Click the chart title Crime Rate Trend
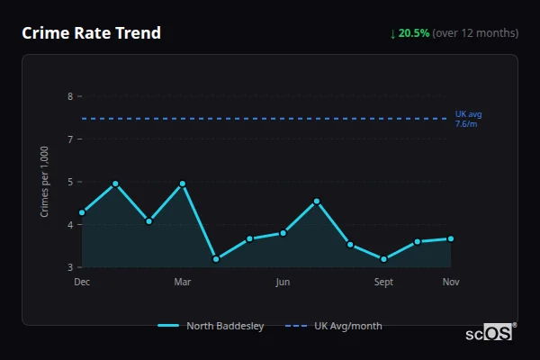91,33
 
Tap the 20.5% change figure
414,33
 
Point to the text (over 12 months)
475,33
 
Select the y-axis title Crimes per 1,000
45,182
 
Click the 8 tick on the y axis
70,96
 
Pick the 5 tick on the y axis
70,182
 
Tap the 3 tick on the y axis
70,267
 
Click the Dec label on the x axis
82,283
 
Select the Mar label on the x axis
183,283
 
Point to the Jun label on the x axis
283,283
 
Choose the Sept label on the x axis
383,283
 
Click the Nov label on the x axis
451,283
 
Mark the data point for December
82,212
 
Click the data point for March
183,184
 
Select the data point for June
283,233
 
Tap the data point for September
383,259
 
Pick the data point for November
451,238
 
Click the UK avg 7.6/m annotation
468,119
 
